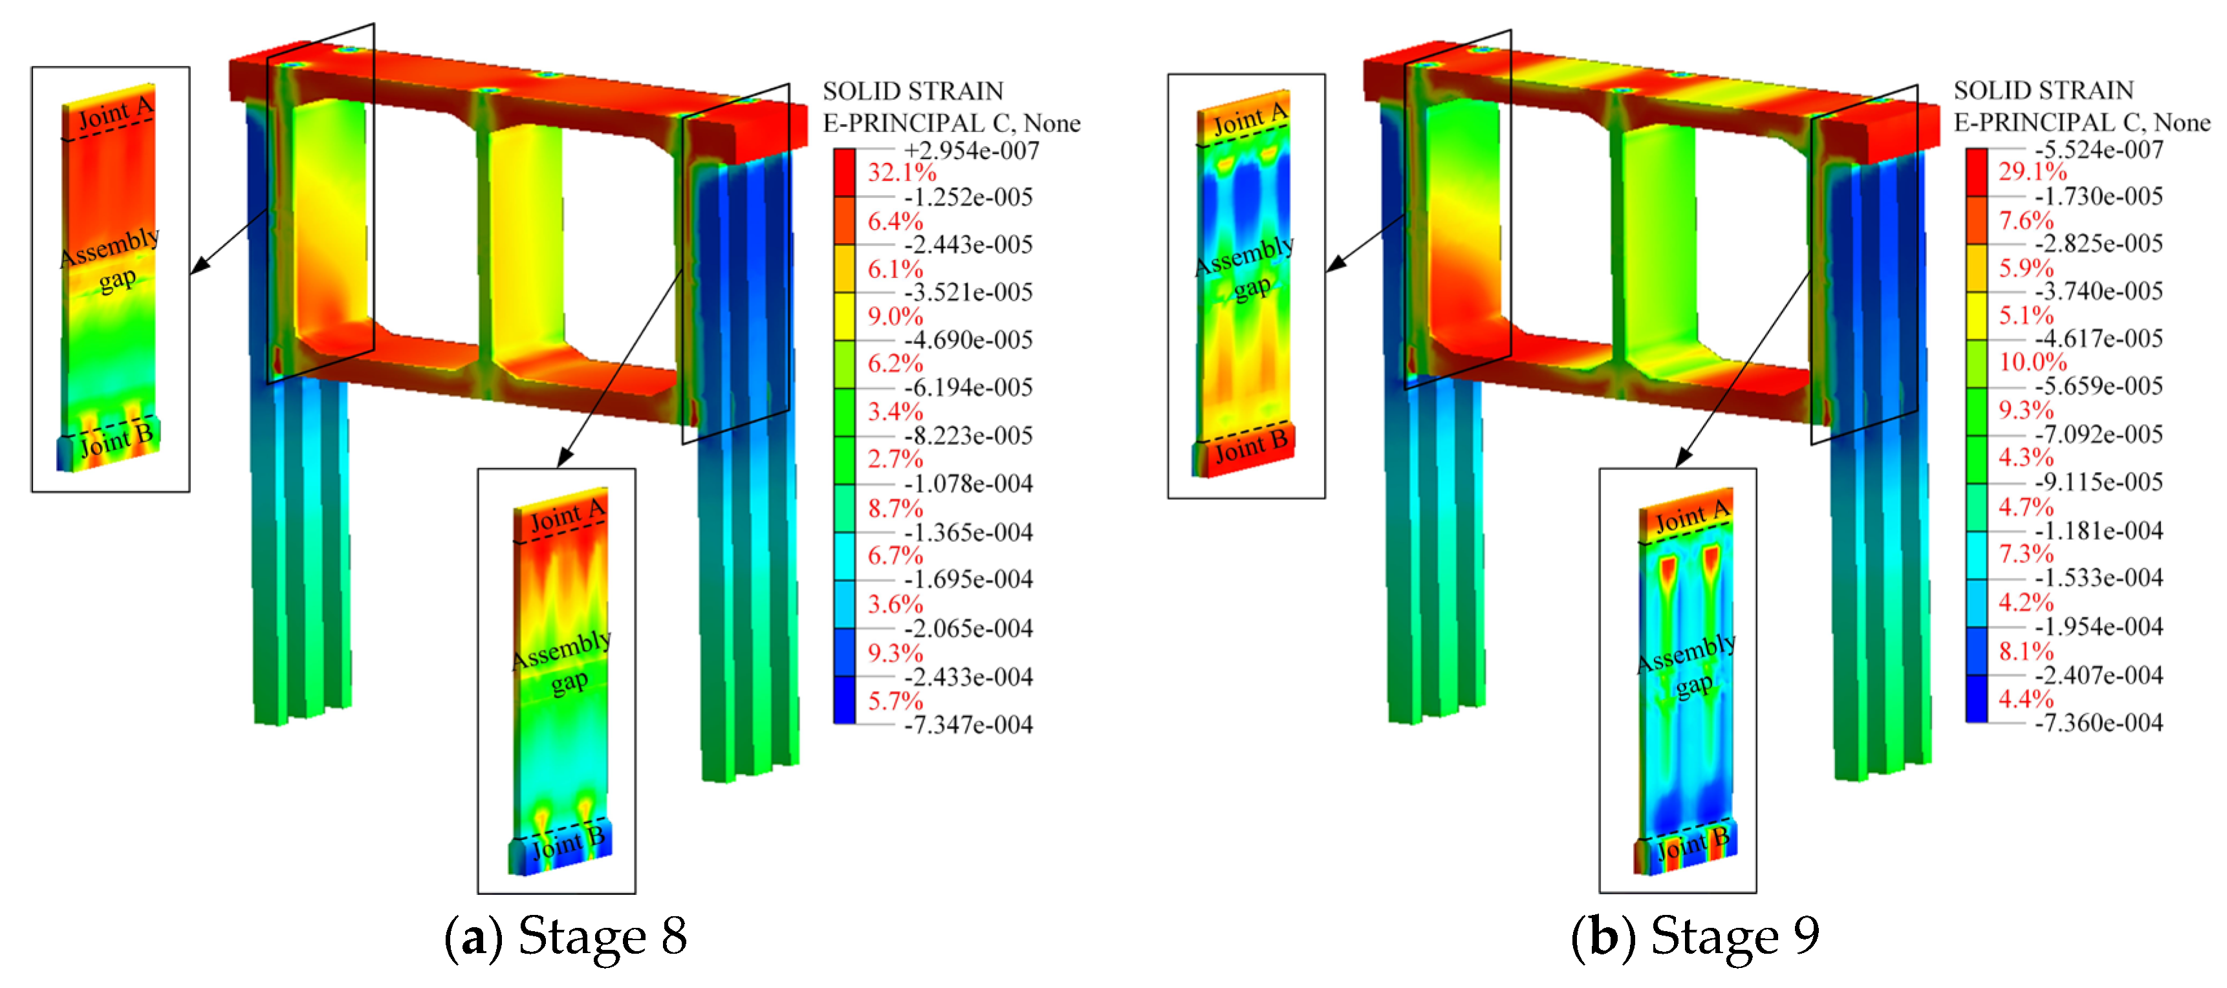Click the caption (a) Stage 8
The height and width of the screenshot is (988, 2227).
[x=565, y=937]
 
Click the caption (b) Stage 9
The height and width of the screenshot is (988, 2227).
[x=1695, y=937]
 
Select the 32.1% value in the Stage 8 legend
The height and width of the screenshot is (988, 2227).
[x=902, y=172]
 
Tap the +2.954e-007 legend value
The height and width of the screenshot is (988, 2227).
[x=971, y=151]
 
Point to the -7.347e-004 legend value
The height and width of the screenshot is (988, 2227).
[x=968, y=724]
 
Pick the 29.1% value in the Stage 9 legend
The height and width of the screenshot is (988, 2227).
[x=2032, y=171]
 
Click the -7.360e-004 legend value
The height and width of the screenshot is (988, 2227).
[x=2099, y=723]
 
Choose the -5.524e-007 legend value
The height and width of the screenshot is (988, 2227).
[x=2099, y=149]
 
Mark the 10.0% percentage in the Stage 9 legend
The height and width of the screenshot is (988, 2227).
[x=2032, y=362]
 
